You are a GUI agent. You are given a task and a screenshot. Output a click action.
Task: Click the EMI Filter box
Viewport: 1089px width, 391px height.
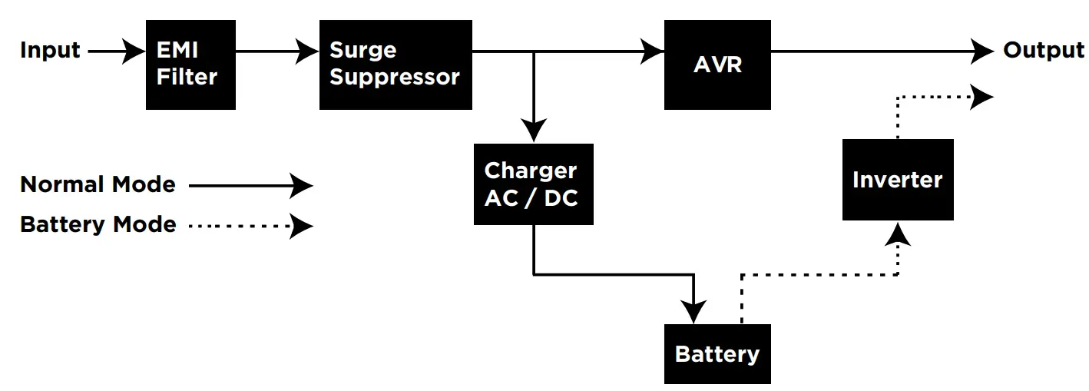[190, 65]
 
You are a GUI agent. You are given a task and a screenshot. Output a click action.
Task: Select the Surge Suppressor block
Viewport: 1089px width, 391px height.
[396, 65]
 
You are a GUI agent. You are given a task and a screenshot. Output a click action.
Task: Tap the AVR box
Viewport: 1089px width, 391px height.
[717, 65]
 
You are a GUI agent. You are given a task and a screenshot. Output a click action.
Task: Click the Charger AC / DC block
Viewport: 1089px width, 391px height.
[533, 184]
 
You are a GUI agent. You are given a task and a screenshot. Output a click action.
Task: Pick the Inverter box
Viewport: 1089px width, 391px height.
[897, 180]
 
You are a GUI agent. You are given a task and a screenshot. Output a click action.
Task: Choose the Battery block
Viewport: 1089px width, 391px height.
[717, 354]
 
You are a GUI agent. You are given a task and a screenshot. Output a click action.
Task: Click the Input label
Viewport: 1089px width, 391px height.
[50, 51]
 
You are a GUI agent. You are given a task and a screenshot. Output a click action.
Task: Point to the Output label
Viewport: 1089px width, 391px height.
[1044, 51]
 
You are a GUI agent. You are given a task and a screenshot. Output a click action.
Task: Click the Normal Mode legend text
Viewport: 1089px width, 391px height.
[98, 185]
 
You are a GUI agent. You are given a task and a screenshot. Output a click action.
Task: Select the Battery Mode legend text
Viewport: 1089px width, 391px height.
[98, 225]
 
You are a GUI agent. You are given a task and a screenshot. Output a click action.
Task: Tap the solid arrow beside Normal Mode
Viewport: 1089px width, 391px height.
[250, 185]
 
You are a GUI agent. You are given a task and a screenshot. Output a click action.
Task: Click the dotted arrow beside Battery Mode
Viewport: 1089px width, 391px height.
[250, 226]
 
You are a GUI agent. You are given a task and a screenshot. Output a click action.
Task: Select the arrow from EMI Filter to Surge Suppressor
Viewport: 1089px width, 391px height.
[276, 51]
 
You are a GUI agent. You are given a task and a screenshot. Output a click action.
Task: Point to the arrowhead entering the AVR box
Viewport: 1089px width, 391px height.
[654, 51]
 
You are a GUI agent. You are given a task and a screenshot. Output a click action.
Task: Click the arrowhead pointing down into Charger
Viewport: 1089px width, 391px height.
[533, 130]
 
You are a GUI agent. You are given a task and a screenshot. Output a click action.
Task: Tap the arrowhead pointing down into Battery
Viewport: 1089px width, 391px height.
[693, 312]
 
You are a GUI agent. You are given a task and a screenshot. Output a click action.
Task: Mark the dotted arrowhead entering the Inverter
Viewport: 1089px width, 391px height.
[897, 234]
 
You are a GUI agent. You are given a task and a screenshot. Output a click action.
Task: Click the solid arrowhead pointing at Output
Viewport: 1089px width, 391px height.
[982, 51]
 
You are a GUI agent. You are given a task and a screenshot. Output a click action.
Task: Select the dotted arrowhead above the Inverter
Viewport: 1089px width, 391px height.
[982, 97]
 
